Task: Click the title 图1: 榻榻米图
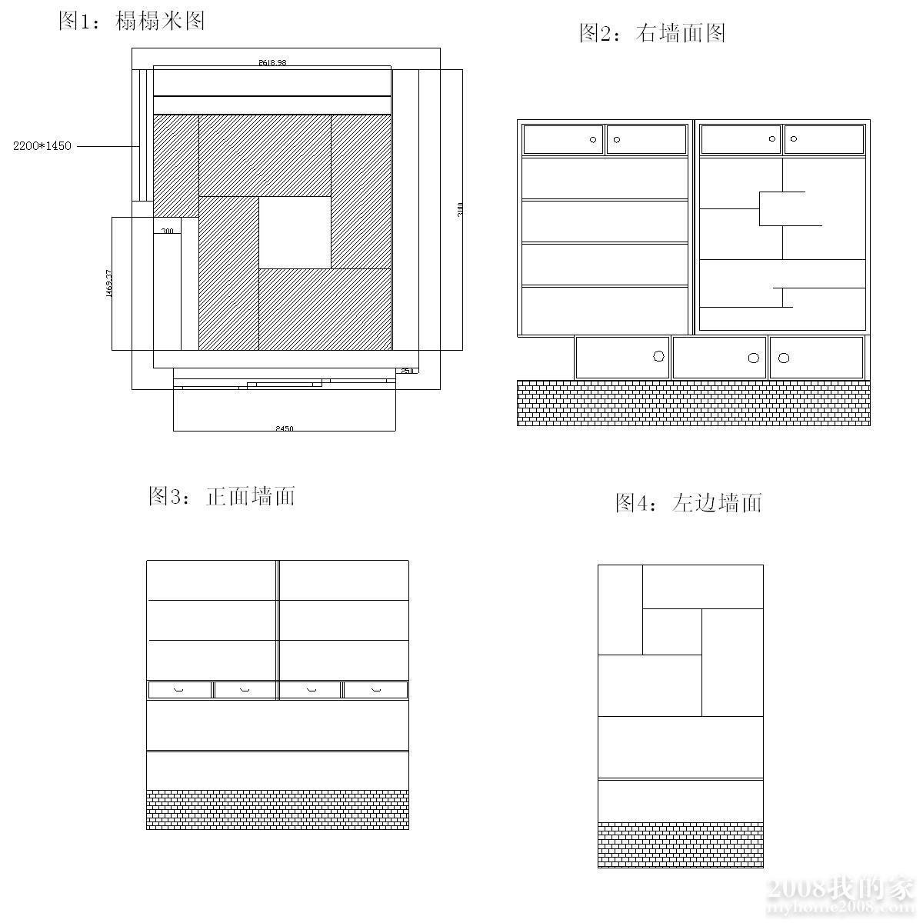pyautogui.click(x=132, y=21)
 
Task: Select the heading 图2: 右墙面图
pyautogui.click(x=652, y=33)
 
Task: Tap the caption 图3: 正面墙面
pyautogui.click(x=222, y=496)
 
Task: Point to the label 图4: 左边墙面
pyautogui.click(x=688, y=503)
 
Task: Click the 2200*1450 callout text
pyautogui.click(x=42, y=146)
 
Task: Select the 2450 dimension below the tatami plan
pyautogui.click(x=284, y=428)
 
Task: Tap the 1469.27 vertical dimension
pyautogui.click(x=109, y=284)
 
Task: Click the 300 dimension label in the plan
pyautogui.click(x=167, y=231)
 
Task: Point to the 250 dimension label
pyautogui.click(x=407, y=371)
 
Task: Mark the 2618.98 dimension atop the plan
pyautogui.click(x=272, y=63)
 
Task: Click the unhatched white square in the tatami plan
pyautogui.click(x=295, y=232)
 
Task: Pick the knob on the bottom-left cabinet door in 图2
pyautogui.click(x=658, y=356)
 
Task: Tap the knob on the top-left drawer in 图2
pyautogui.click(x=593, y=140)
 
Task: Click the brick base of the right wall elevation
pyautogui.click(x=693, y=402)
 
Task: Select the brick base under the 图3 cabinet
pyautogui.click(x=277, y=809)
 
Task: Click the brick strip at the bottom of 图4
pyautogui.click(x=681, y=845)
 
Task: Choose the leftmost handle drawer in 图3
pyautogui.click(x=180, y=690)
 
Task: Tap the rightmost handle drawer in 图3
pyautogui.click(x=375, y=690)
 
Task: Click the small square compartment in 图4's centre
pyautogui.click(x=671, y=631)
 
